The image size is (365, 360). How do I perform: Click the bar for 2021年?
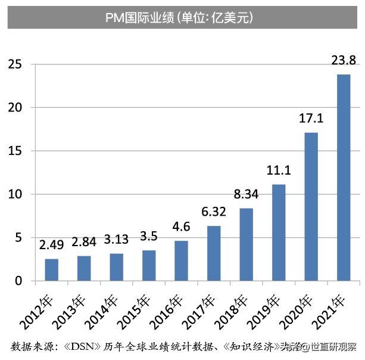tap(344, 177)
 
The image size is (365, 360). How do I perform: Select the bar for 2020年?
tap(311, 206)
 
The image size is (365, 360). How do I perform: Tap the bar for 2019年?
tap(279, 232)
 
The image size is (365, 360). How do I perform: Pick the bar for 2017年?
tap(214, 253)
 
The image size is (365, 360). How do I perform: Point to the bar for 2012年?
tap(52, 269)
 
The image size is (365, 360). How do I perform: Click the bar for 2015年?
tap(149, 265)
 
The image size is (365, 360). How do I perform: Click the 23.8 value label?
tap(344, 60)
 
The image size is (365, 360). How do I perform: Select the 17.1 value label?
tap(311, 119)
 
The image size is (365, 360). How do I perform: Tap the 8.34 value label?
tap(246, 194)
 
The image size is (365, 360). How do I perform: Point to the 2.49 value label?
tap(52, 245)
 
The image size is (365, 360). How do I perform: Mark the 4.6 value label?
tap(181, 227)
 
